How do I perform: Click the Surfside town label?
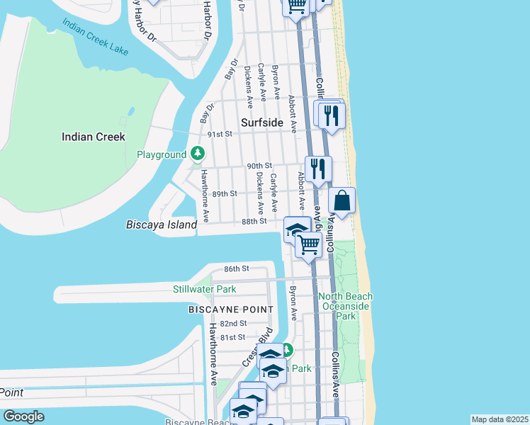pyautogui.click(x=261, y=123)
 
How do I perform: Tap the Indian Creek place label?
pyautogui.click(x=93, y=137)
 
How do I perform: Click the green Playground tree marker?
pyautogui.click(x=198, y=154)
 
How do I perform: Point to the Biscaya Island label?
pyautogui.click(x=160, y=225)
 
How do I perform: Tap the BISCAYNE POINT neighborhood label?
pyautogui.click(x=231, y=310)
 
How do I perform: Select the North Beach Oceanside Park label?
pyautogui.click(x=345, y=306)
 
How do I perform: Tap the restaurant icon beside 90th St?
pyautogui.click(x=318, y=169)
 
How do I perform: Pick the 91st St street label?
pyautogui.click(x=220, y=133)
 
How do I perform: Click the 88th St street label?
pyautogui.click(x=253, y=221)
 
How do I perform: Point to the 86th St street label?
pyautogui.click(x=237, y=268)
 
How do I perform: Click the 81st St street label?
pyautogui.click(x=232, y=337)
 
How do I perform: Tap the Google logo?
pyautogui.click(x=23, y=416)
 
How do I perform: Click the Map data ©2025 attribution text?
pyautogui.click(x=500, y=419)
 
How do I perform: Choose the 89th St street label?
pyautogui.click(x=224, y=193)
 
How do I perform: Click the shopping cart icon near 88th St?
pyautogui.click(x=309, y=245)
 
